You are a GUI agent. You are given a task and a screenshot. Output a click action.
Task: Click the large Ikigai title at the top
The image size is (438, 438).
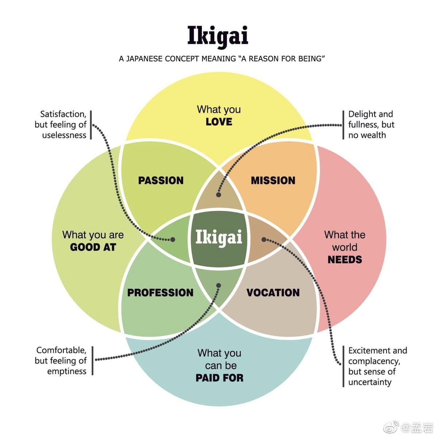pyautogui.click(x=218, y=36)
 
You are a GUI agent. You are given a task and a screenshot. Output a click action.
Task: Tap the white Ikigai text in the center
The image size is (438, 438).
pyautogui.click(x=219, y=237)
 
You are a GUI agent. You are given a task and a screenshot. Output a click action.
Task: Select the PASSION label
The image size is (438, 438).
pyautogui.click(x=161, y=180)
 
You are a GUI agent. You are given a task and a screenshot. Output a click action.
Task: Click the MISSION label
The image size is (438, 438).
pyautogui.click(x=273, y=180)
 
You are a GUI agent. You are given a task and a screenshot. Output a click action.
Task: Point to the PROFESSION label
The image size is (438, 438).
pyautogui.click(x=160, y=292)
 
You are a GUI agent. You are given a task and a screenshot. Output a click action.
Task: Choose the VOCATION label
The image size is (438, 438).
pyautogui.click(x=273, y=292)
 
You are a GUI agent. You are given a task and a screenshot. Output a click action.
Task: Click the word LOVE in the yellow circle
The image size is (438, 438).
pyautogui.click(x=219, y=122)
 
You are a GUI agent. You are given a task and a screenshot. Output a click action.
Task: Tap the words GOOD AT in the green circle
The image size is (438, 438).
pyautogui.click(x=93, y=247)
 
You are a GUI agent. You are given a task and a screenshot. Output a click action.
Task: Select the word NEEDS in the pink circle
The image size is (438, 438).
pyautogui.click(x=345, y=260)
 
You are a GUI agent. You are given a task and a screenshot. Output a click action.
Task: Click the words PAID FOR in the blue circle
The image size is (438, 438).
pyautogui.click(x=219, y=378)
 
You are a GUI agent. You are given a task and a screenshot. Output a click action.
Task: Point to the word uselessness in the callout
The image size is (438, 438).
pyautogui.click(x=64, y=135)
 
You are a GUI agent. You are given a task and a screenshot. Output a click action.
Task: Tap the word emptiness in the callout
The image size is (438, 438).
pyautogui.click(x=67, y=371)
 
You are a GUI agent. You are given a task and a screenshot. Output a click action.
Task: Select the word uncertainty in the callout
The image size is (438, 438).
pyautogui.click(x=370, y=382)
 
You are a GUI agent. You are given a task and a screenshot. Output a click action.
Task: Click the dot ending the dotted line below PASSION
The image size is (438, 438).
pyautogui.click(x=173, y=239)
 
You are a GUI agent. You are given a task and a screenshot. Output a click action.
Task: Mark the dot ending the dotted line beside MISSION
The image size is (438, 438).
pyautogui.click(x=219, y=195)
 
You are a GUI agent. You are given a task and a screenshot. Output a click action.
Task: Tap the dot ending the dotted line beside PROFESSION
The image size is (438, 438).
pyautogui.click(x=219, y=285)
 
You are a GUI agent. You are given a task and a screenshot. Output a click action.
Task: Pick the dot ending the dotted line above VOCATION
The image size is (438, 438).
pyautogui.click(x=264, y=239)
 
